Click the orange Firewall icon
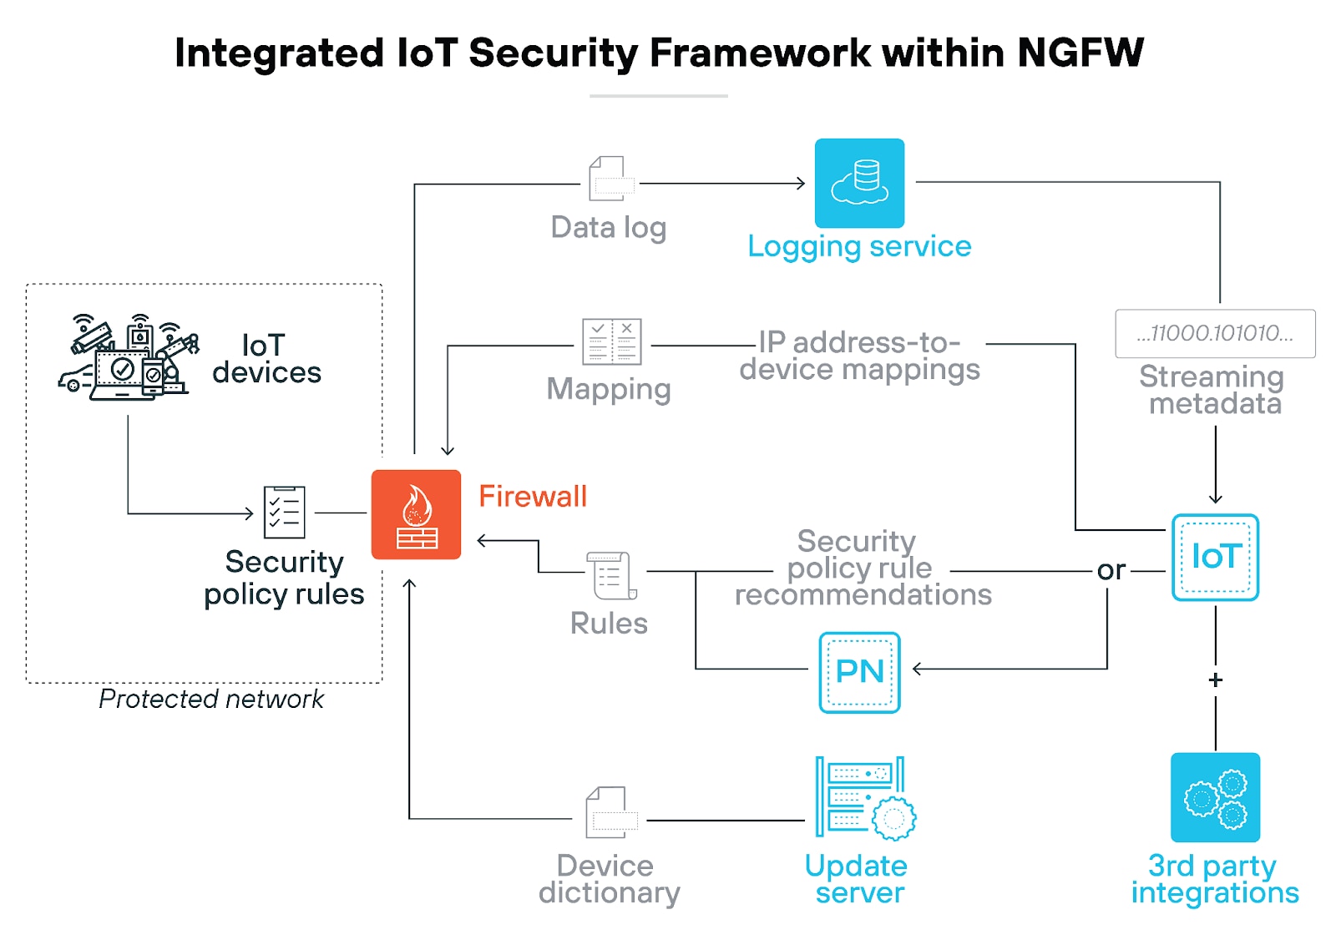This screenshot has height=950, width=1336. tap(416, 514)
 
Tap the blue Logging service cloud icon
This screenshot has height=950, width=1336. tap(859, 183)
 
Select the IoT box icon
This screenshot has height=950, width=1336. tap(1215, 557)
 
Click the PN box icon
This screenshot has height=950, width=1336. tap(859, 672)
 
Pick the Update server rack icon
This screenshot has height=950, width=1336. tap(865, 797)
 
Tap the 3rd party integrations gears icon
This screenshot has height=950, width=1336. tap(1215, 797)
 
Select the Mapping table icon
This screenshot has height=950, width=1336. tap(612, 341)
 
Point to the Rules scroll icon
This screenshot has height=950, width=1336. tap(612, 575)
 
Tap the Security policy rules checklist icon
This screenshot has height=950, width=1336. tap(284, 512)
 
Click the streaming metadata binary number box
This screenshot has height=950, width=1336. tap(1215, 334)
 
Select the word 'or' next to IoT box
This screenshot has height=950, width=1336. tap(1111, 571)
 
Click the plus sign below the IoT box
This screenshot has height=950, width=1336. tap(1216, 680)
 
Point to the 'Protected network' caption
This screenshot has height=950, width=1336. tap(211, 699)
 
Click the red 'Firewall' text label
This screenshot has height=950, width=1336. tap(533, 497)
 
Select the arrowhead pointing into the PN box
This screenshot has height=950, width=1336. tap(918, 669)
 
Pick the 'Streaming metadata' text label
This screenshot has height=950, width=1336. tap(1212, 390)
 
